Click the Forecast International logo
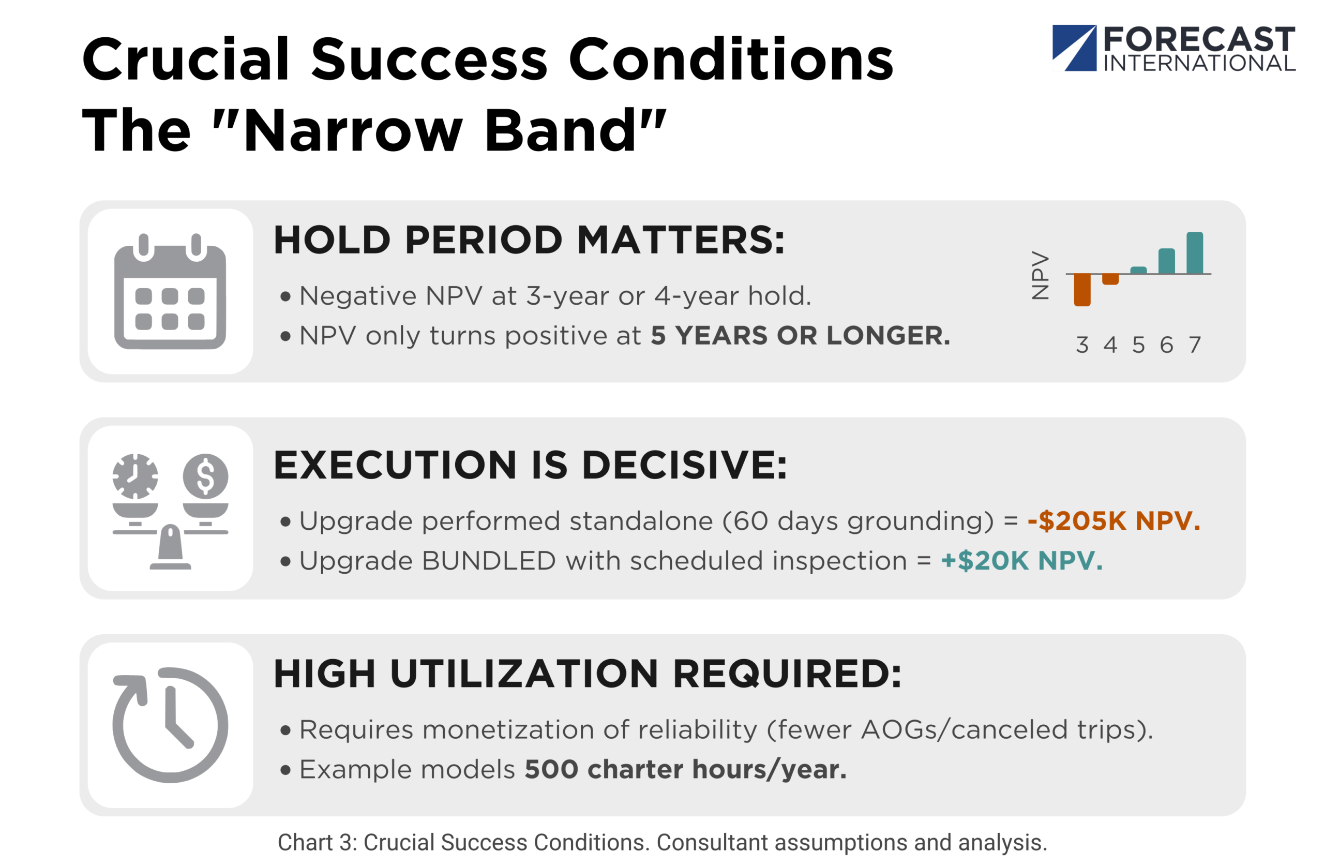(1173, 49)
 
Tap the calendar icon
(170, 291)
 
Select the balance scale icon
(170, 512)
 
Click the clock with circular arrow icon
(170, 725)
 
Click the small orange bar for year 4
(1110, 279)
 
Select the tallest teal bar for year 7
(1194, 252)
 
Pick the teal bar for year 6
(1167, 261)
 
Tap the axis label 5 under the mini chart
(1139, 345)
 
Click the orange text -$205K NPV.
(1114, 521)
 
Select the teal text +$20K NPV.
(1022, 560)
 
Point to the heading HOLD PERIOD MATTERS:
(529, 240)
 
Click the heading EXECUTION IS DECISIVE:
(530, 465)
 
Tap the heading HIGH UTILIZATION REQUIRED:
(588, 674)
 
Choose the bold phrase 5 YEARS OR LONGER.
(801, 336)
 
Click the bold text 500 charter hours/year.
(685, 770)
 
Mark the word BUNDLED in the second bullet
(489, 561)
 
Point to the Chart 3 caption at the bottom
(662, 843)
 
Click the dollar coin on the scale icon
(205, 476)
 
